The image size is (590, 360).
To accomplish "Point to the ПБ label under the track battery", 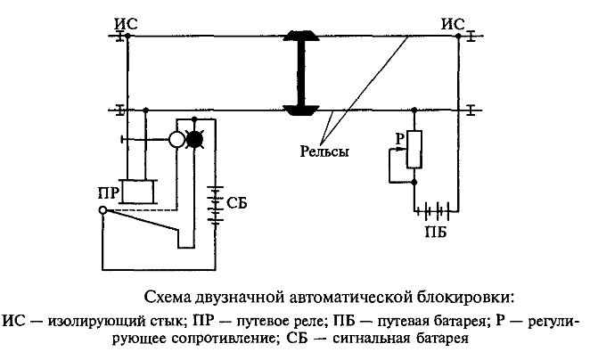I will (x=435, y=233).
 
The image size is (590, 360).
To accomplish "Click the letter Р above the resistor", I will (x=400, y=139).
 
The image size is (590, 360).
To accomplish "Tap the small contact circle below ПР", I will (x=103, y=211).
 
